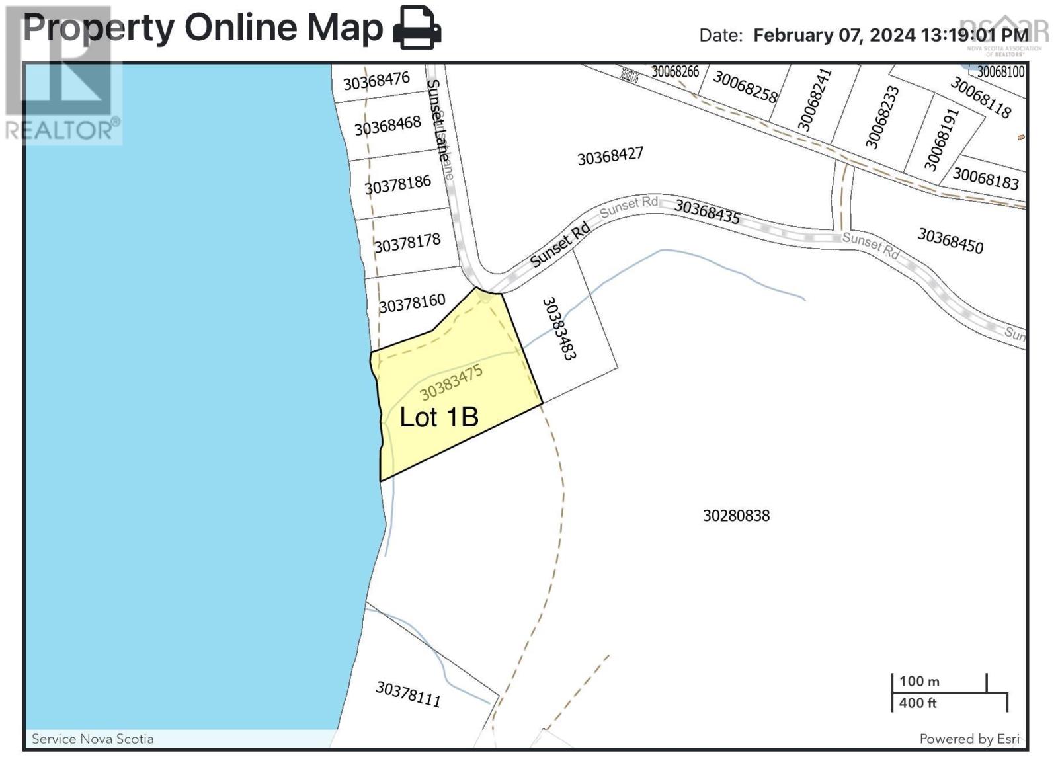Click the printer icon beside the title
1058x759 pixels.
click(x=417, y=28)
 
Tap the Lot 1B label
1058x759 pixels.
click(x=439, y=417)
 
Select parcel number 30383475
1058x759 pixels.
click(x=451, y=383)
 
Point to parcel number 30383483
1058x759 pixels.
click(x=559, y=328)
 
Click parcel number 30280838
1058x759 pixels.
click(x=736, y=516)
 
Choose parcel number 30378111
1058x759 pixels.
click(x=408, y=694)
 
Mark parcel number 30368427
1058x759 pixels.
click(x=610, y=157)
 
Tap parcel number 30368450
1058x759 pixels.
click(x=950, y=241)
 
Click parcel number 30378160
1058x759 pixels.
click(x=412, y=303)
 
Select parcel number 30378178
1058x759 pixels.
click(x=407, y=243)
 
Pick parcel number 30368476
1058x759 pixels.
click(x=376, y=81)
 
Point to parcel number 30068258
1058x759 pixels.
click(x=745, y=87)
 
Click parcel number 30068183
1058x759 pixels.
click(x=985, y=179)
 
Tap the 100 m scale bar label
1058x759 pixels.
click(x=919, y=681)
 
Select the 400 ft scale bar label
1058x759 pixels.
click(x=918, y=703)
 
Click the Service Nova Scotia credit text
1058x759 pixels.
click(x=93, y=739)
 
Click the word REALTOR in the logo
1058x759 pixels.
click(x=60, y=130)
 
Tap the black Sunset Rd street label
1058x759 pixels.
click(x=559, y=245)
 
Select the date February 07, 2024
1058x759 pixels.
click(x=834, y=35)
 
